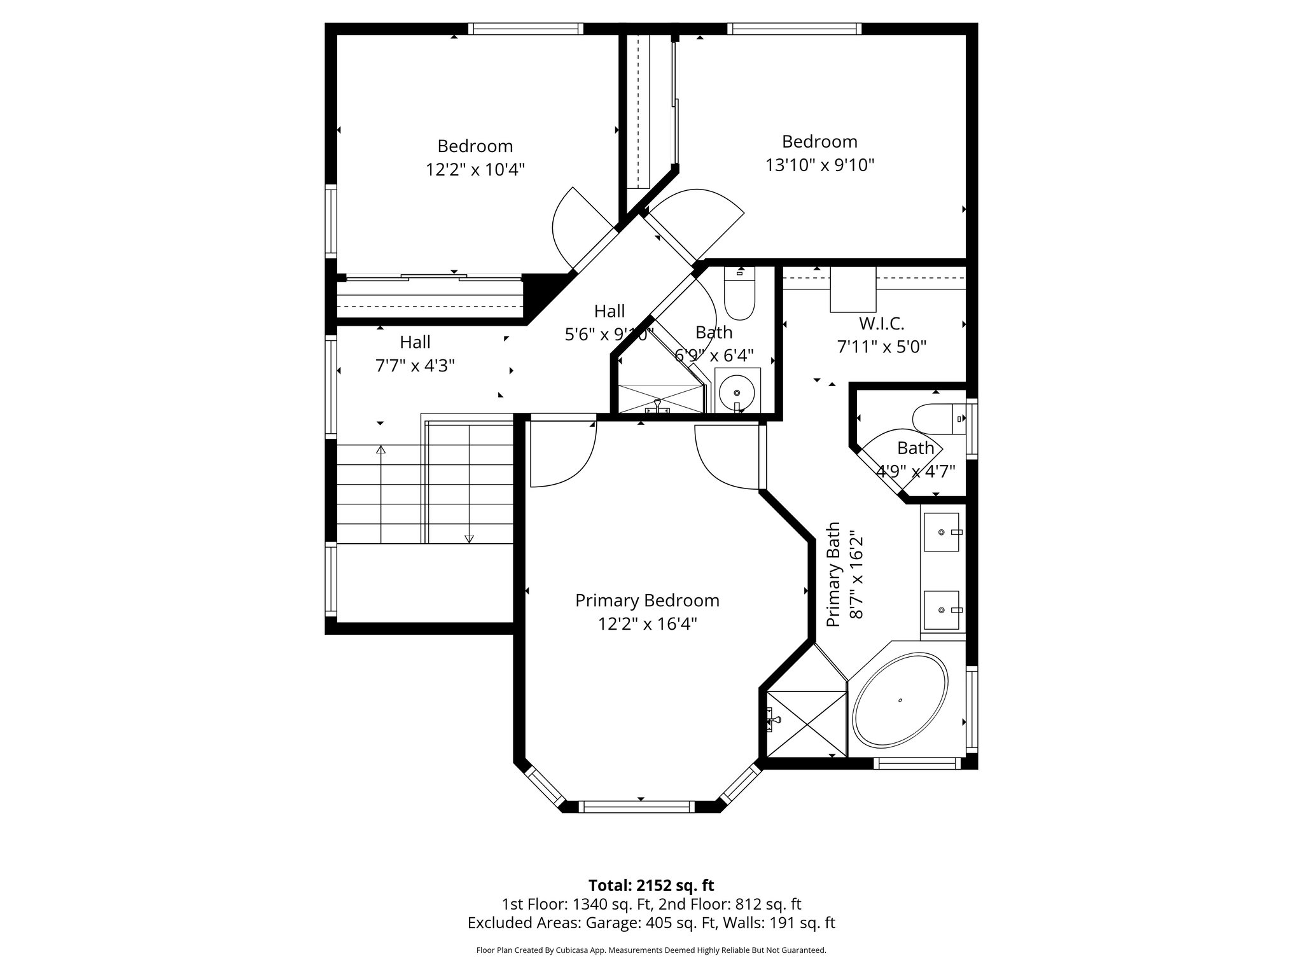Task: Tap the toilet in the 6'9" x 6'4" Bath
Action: click(x=740, y=298)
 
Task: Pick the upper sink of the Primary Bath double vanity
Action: click(x=942, y=532)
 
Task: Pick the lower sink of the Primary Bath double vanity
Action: click(x=942, y=609)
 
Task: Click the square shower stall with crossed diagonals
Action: click(x=807, y=724)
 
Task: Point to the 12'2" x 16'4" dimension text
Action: click(x=647, y=624)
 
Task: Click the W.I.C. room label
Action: click(x=881, y=323)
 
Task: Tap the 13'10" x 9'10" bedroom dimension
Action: click(x=819, y=165)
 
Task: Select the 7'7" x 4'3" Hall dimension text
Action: click(x=415, y=366)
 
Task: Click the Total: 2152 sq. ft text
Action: click(x=651, y=885)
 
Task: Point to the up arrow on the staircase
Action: click(x=380, y=450)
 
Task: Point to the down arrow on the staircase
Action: click(x=470, y=538)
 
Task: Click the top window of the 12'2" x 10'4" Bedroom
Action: click(x=526, y=29)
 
